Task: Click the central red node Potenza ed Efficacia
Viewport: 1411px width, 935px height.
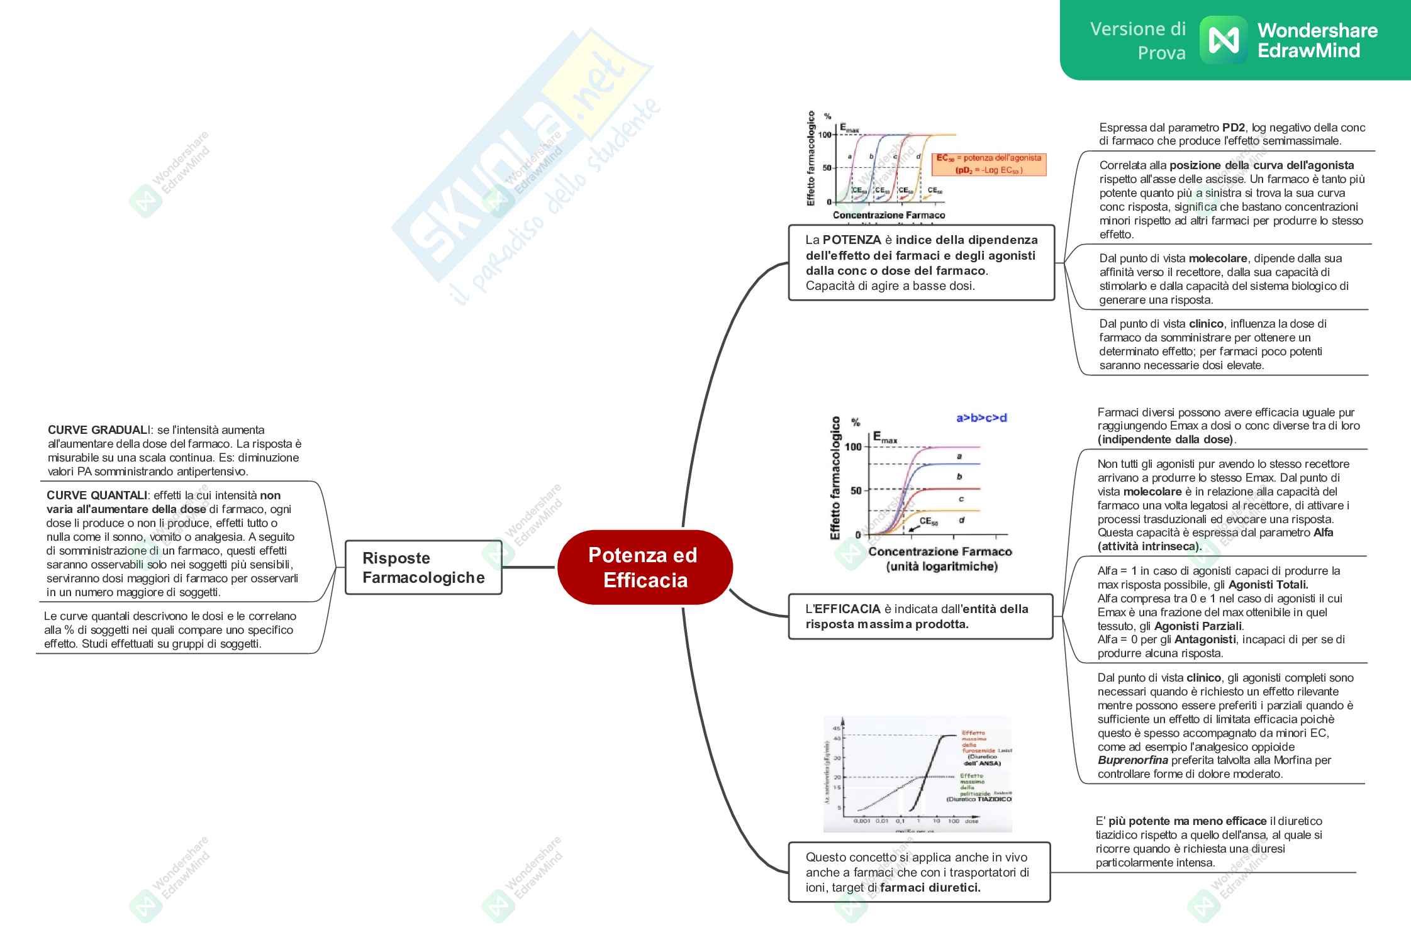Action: click(644, 567)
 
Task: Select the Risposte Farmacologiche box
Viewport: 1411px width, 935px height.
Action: click(423, 567)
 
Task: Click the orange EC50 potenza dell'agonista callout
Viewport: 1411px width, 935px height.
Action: click(989, 164)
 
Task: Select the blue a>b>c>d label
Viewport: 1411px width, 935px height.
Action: click(981, 418)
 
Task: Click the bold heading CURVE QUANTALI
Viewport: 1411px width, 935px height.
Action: click(97, 495)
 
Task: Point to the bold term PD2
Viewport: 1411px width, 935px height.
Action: click(1234, 128)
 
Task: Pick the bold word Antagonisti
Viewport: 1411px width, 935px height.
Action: click(1205, 639)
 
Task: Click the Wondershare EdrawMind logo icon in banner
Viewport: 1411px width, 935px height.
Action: click(1224, 41)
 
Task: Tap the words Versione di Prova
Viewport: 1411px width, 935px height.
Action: click(1138, 41)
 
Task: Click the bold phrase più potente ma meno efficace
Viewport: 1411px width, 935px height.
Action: click(1188, 821)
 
